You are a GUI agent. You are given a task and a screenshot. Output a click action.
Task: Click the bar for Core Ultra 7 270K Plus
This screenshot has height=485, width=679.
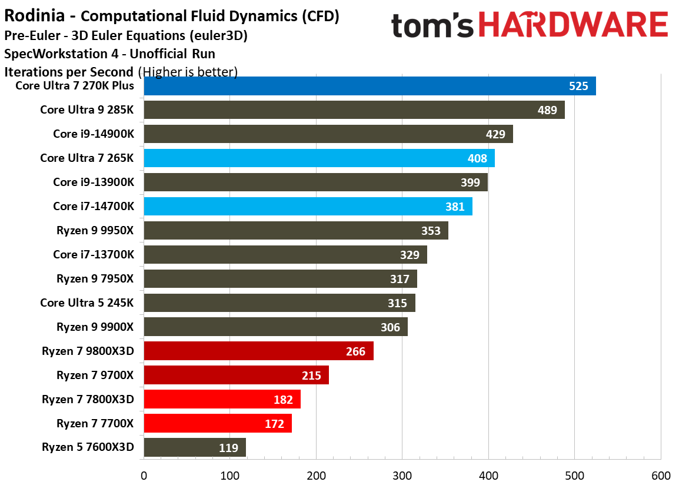(370, 86)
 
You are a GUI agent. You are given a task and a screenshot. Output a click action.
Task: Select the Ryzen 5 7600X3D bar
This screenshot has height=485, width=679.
(195, 447)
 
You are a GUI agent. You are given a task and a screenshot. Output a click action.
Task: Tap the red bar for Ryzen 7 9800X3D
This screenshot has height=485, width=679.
(258, 351)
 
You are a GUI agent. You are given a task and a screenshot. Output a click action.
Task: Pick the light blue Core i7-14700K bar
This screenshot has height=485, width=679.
(308, 207)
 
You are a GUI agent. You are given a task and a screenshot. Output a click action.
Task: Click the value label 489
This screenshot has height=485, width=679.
(547, 110)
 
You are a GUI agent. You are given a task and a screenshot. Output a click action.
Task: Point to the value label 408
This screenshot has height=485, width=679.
(477, 158)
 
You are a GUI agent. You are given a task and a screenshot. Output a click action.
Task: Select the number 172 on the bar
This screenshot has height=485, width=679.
(274, 424)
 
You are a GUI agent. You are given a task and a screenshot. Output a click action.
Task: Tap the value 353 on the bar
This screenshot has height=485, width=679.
(431, 231)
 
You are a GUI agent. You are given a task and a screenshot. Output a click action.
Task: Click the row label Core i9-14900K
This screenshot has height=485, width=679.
(94, 134)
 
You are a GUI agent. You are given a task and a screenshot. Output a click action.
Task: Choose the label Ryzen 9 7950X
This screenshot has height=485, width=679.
(95, 278)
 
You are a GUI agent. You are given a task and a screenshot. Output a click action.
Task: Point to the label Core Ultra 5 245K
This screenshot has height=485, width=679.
(87, 303)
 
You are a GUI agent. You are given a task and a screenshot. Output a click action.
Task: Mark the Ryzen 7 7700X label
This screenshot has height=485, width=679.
(95, 423)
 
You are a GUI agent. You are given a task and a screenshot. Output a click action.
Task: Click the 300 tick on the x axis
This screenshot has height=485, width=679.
(402, 475)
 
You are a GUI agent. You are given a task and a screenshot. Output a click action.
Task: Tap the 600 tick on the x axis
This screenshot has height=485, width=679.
(661, 475)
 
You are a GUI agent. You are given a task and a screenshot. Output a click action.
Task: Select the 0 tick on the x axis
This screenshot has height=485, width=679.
(144, 475)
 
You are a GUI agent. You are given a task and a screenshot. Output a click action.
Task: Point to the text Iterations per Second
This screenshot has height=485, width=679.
(69, 72)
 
